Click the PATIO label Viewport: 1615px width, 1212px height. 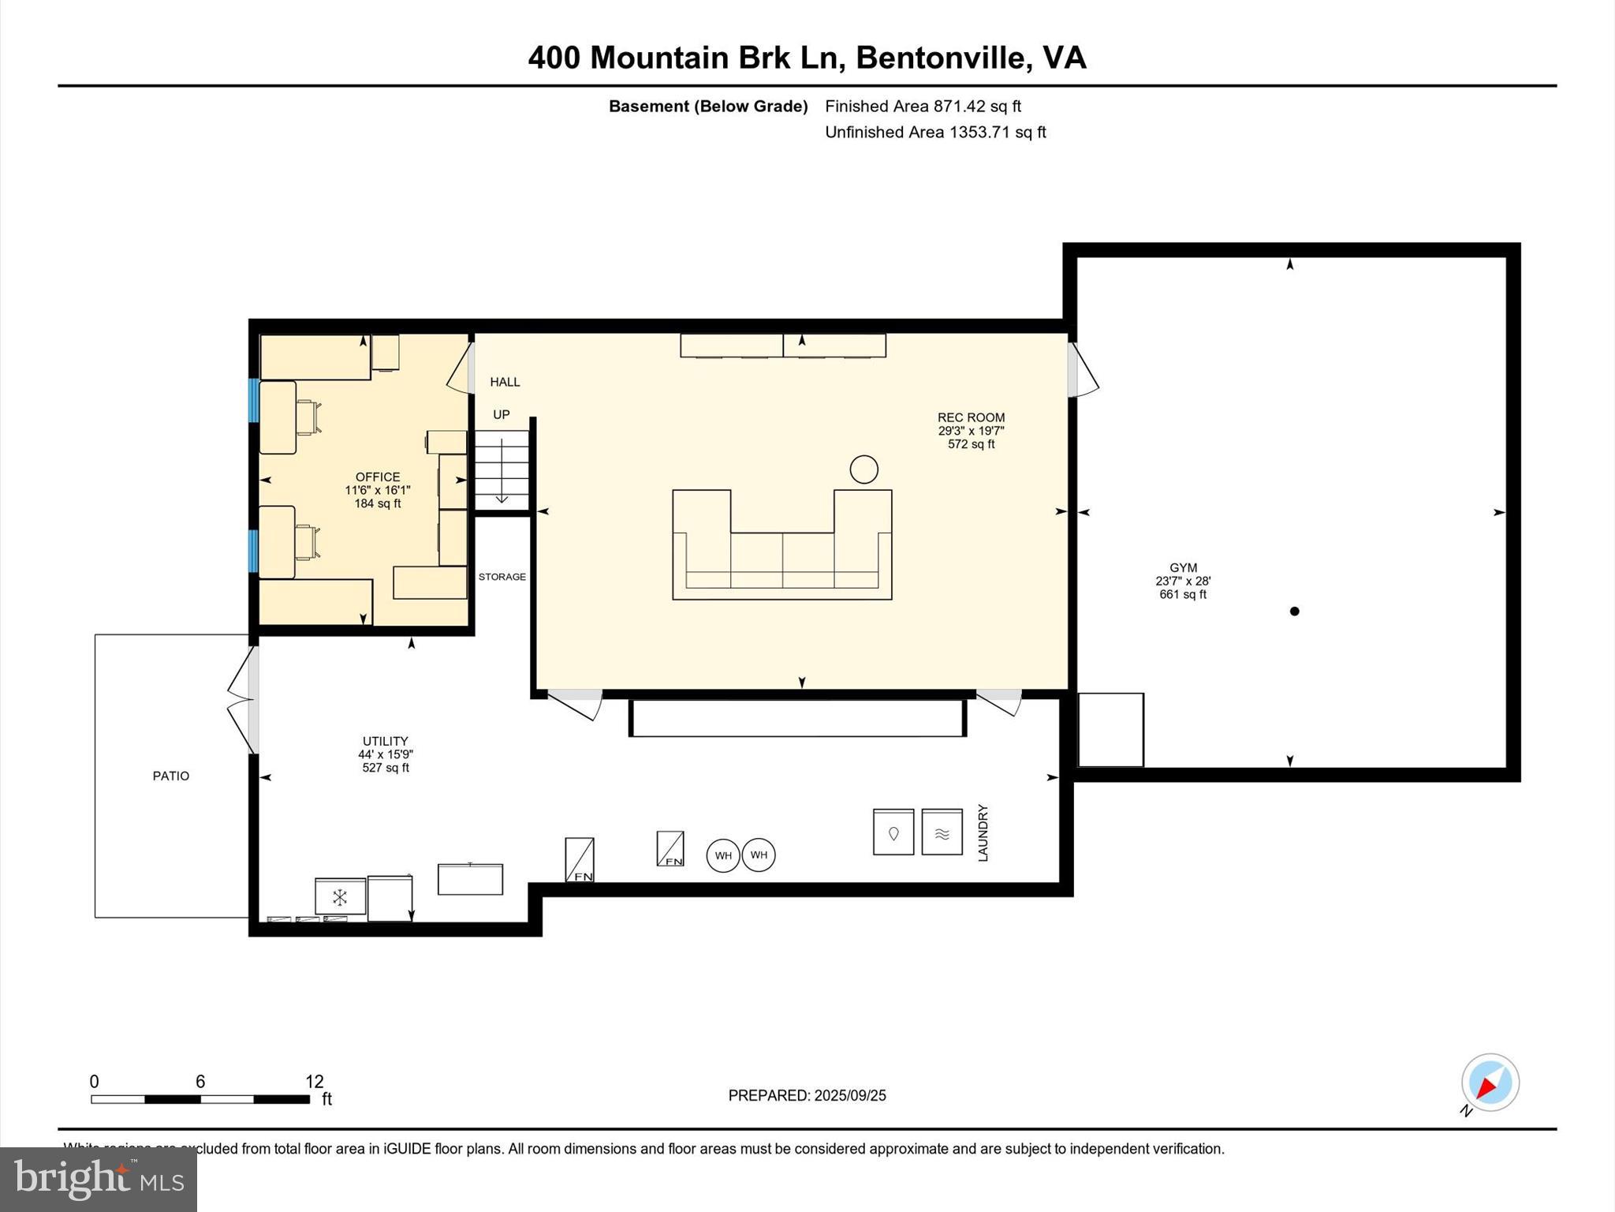(x=171, y=776)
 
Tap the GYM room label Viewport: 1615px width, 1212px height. (x=1183, y=567)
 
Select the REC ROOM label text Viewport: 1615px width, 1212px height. (x=971, y=417)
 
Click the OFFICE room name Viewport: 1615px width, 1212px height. (x=378, y=477)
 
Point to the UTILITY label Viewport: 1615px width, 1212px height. (x=385, y=741)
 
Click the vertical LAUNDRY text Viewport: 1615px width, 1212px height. (x=983, y=832)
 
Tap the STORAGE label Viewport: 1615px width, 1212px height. (x=502, y=577)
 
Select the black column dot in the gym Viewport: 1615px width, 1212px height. (x=1294, y=611)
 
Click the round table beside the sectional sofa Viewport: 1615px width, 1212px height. (x=863, y=469)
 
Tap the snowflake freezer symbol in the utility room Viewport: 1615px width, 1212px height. (x=340, y=897)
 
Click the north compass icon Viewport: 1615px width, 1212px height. (x=1490, y=1083)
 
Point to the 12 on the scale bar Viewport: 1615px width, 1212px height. (x=314, y=1082)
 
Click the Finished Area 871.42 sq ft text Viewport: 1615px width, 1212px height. (x=923, y=106)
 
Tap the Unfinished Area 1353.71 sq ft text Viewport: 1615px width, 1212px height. (x=935, y=132)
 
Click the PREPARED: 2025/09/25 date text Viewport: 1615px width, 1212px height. (x=807, y=1095)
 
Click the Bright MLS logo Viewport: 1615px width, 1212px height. (x=99, y=1179)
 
